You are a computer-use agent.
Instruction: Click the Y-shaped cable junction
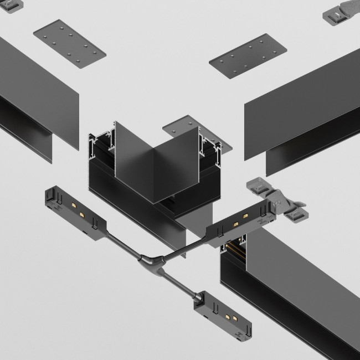[x=150, y=260]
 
